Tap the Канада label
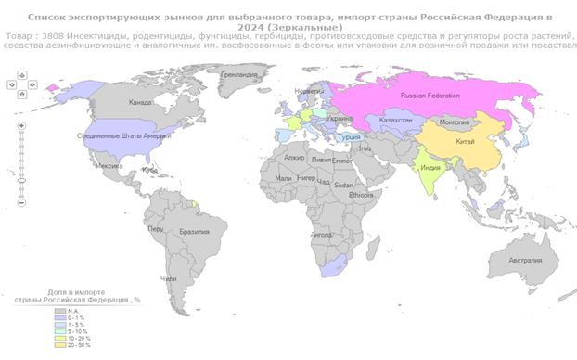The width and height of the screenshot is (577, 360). [140, 102]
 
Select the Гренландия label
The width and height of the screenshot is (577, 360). [239, 73]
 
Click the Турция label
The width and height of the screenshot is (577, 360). [349, 137]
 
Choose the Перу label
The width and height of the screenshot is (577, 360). [156, 228]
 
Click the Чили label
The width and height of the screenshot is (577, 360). [168, 278]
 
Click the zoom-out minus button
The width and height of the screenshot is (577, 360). [21, 202]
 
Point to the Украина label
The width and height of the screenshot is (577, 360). [340, 119]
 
